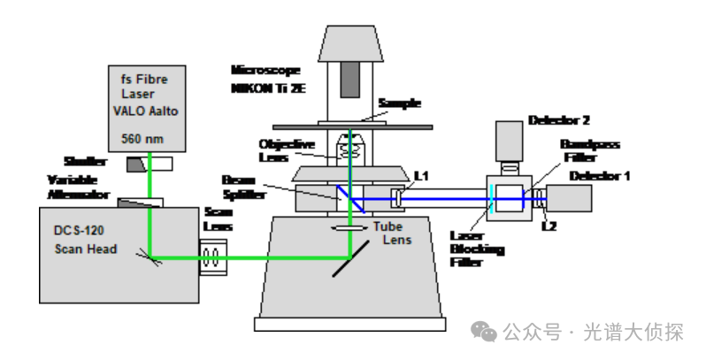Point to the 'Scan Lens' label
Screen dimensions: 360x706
tap(219, 218)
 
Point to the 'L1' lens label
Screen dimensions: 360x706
tap(421, 177)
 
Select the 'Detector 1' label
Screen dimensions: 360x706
tap(600, 175)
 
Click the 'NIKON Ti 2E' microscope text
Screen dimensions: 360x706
tap(266, 88)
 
